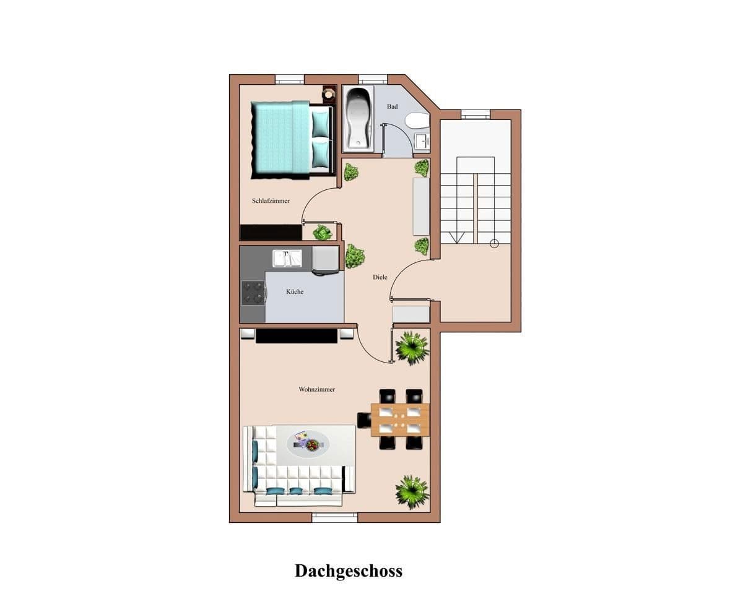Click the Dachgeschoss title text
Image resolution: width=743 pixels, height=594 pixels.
348,570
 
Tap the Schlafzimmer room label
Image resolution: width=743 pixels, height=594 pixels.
271,201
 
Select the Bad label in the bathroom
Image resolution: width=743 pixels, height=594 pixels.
392,106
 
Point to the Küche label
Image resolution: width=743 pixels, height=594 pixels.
295,291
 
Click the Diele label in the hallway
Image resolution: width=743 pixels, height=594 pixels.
380,277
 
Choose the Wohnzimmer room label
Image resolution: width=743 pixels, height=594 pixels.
316,389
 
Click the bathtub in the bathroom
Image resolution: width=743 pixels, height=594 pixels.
358,118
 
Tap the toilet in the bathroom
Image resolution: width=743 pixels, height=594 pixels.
417,120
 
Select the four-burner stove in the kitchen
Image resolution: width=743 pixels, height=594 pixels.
253,293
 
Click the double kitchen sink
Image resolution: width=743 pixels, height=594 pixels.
287,258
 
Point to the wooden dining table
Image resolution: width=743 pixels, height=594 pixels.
400,420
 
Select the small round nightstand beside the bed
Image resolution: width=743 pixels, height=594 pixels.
329,94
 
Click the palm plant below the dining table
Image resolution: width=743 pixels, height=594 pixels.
412,491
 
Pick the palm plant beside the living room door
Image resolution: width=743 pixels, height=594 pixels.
412,347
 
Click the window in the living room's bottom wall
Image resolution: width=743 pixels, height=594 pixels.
334,517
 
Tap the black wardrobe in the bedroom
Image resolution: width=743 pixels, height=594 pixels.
271,232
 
